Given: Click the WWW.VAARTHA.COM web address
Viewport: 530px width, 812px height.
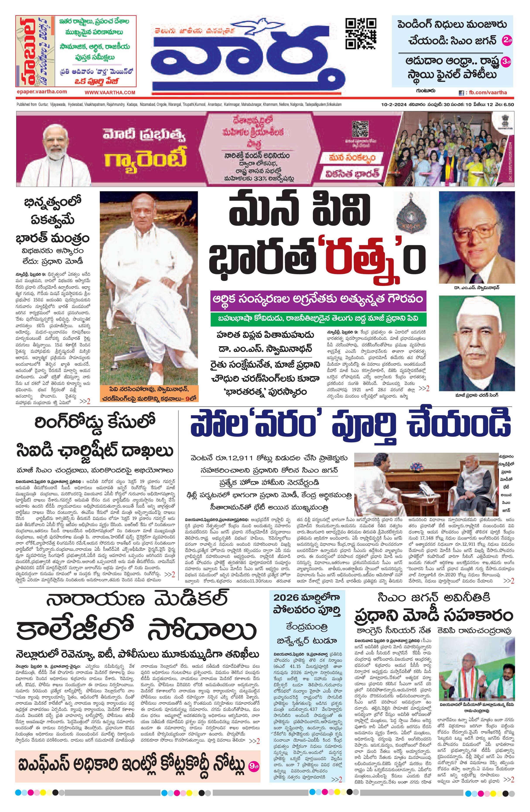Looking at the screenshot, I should [x=110, y=92].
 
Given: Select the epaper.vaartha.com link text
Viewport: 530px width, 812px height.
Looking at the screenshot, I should [x=42, y=92].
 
